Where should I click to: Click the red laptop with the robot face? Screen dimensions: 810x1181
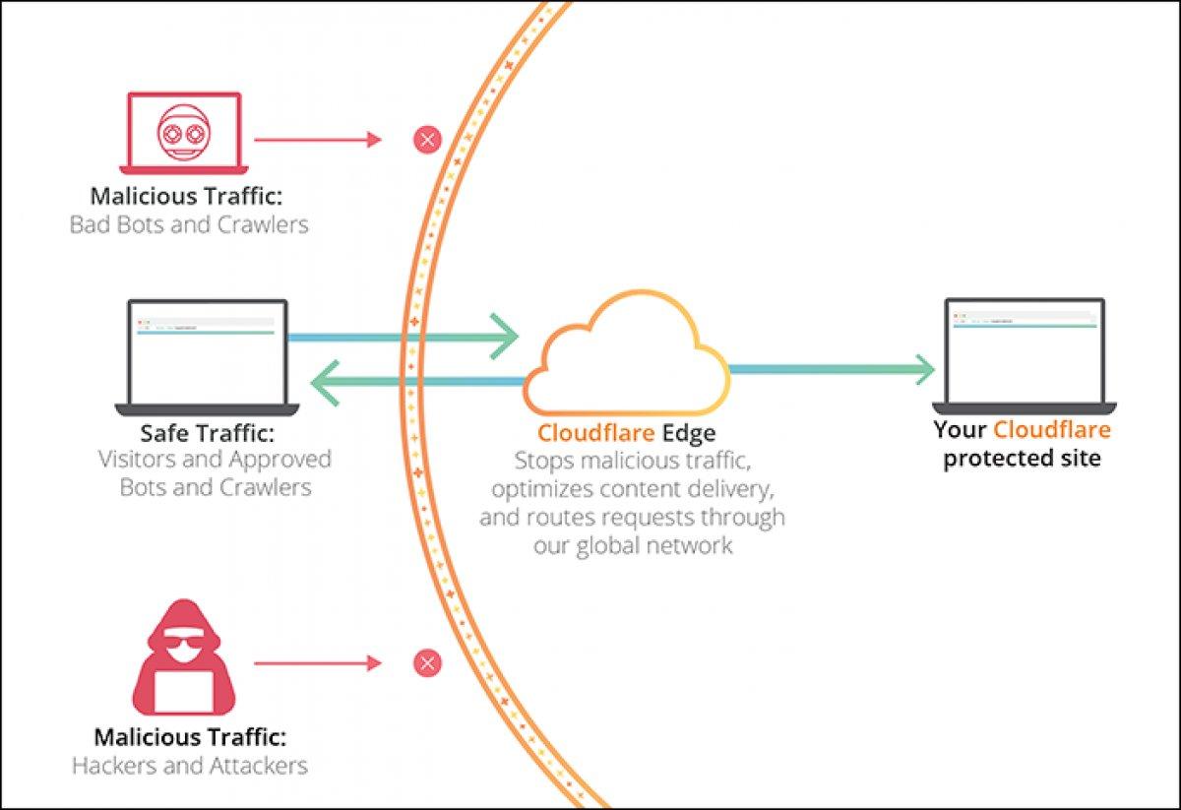181,134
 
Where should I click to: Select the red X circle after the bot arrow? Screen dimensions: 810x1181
427,140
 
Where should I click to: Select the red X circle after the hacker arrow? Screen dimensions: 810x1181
427,663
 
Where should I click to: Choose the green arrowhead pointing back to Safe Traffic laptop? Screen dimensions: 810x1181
326,381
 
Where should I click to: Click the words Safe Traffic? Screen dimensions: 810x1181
207,433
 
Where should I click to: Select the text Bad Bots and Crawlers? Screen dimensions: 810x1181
189,224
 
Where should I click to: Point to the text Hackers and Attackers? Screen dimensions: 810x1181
190,765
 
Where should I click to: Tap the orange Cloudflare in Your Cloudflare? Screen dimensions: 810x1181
1051,430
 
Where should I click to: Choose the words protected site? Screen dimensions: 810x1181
1023,459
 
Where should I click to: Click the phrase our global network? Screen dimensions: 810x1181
633,544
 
